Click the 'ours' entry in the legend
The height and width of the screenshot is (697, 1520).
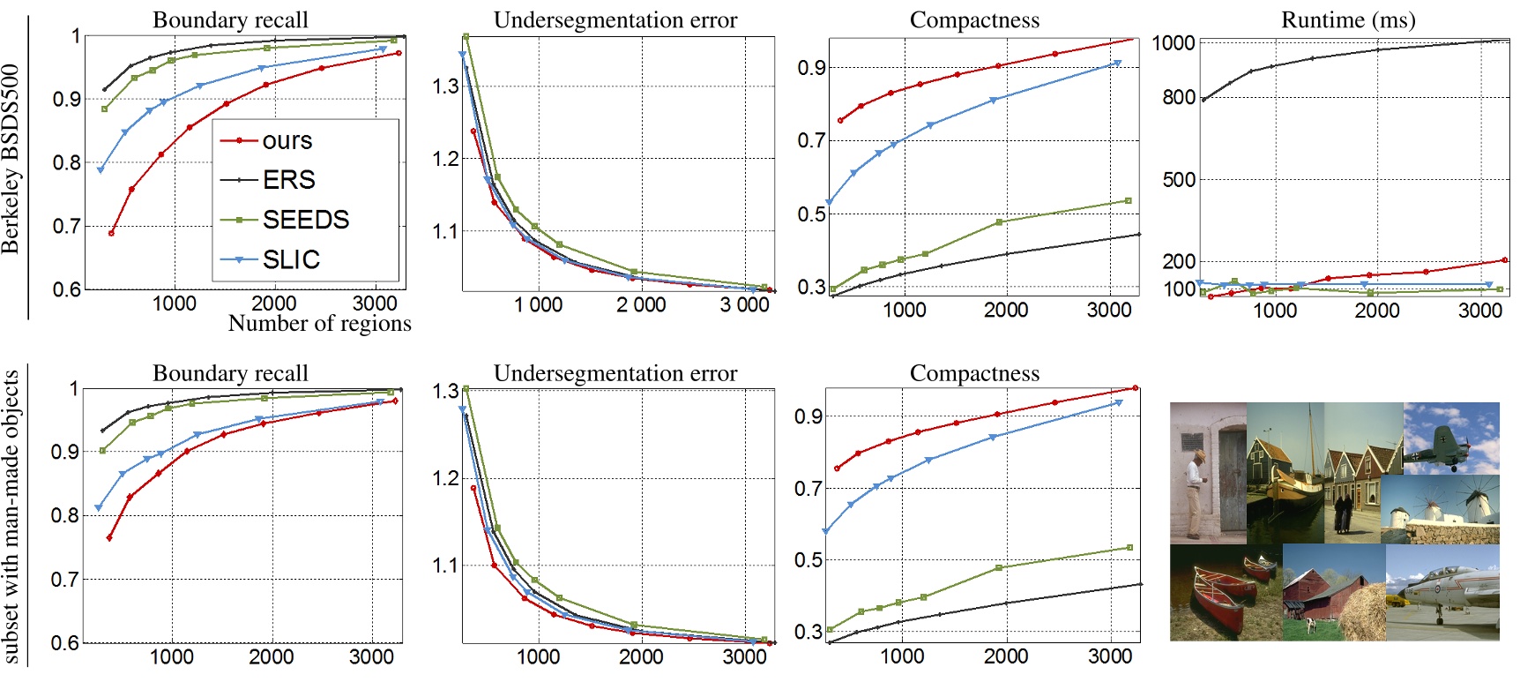[287, 141]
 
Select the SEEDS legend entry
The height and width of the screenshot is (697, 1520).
[305, 220]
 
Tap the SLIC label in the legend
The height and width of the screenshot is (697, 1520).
[291, 259]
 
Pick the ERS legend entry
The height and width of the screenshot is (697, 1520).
[288, 180]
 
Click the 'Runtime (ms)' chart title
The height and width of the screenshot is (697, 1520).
[1347, 19]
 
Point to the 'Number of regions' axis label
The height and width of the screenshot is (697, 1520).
[319, 324]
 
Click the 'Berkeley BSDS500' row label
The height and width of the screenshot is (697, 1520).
[11, 159]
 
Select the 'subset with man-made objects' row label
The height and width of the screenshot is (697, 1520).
[11, 516]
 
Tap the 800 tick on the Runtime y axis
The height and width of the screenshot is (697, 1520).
[1178, 97]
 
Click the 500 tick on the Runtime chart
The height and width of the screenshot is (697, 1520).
[1178, 180]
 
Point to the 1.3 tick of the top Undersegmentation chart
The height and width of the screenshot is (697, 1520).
[445, 86]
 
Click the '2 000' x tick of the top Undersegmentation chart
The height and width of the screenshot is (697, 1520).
[641, 305]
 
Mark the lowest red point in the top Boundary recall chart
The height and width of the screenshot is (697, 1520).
[111, 233]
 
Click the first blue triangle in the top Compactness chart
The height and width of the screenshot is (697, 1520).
[829, 203]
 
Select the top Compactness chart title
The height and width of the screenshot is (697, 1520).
[974, 19]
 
